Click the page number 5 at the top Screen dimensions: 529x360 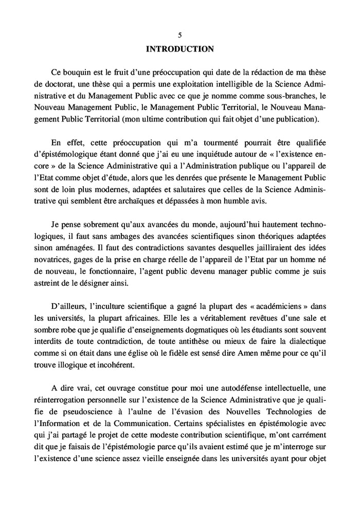[179, 36]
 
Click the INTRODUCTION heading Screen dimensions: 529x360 [179, 49]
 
